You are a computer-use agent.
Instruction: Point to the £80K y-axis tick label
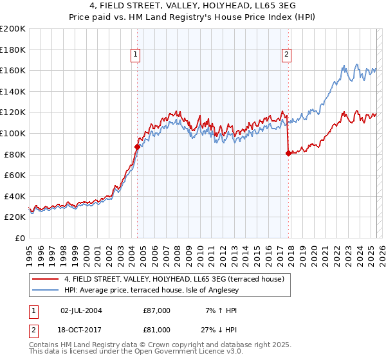[15, 154]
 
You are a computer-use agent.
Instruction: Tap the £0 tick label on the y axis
[19, 238]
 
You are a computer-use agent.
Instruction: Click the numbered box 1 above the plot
[136, 55]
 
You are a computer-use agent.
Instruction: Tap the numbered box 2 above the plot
[286, 55]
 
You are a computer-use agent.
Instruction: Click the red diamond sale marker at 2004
[137, 147]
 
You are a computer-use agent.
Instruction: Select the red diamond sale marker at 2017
[288, 153]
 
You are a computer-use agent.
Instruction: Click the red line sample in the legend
[46, 279]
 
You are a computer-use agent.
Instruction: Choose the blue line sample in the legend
[46, 290]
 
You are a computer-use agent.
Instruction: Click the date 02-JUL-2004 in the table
[81, 310]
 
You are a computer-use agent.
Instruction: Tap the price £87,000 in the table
[157, 310]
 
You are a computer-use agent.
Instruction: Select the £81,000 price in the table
[157, 332]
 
